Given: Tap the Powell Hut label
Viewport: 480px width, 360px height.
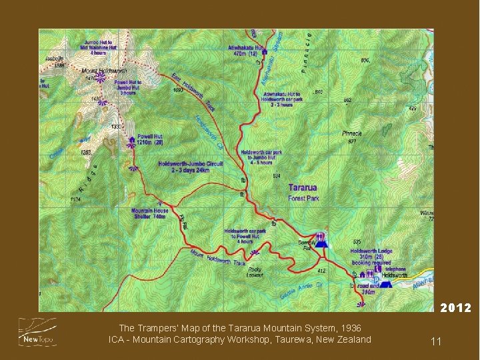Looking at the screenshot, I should click(150, 136).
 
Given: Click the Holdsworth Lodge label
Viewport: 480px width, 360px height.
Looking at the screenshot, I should click(371, 252).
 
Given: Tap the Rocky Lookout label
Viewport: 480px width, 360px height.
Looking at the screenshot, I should click(255, 271).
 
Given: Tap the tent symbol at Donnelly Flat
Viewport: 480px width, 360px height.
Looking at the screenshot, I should click(321, 243).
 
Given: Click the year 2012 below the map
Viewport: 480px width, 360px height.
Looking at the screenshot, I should click(455, 308).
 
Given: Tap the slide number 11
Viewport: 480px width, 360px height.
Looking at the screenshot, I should click(436, 341).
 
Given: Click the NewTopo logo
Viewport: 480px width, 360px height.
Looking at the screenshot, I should click(37, 332).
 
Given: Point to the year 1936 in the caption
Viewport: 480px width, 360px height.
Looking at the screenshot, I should click(351, 328).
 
